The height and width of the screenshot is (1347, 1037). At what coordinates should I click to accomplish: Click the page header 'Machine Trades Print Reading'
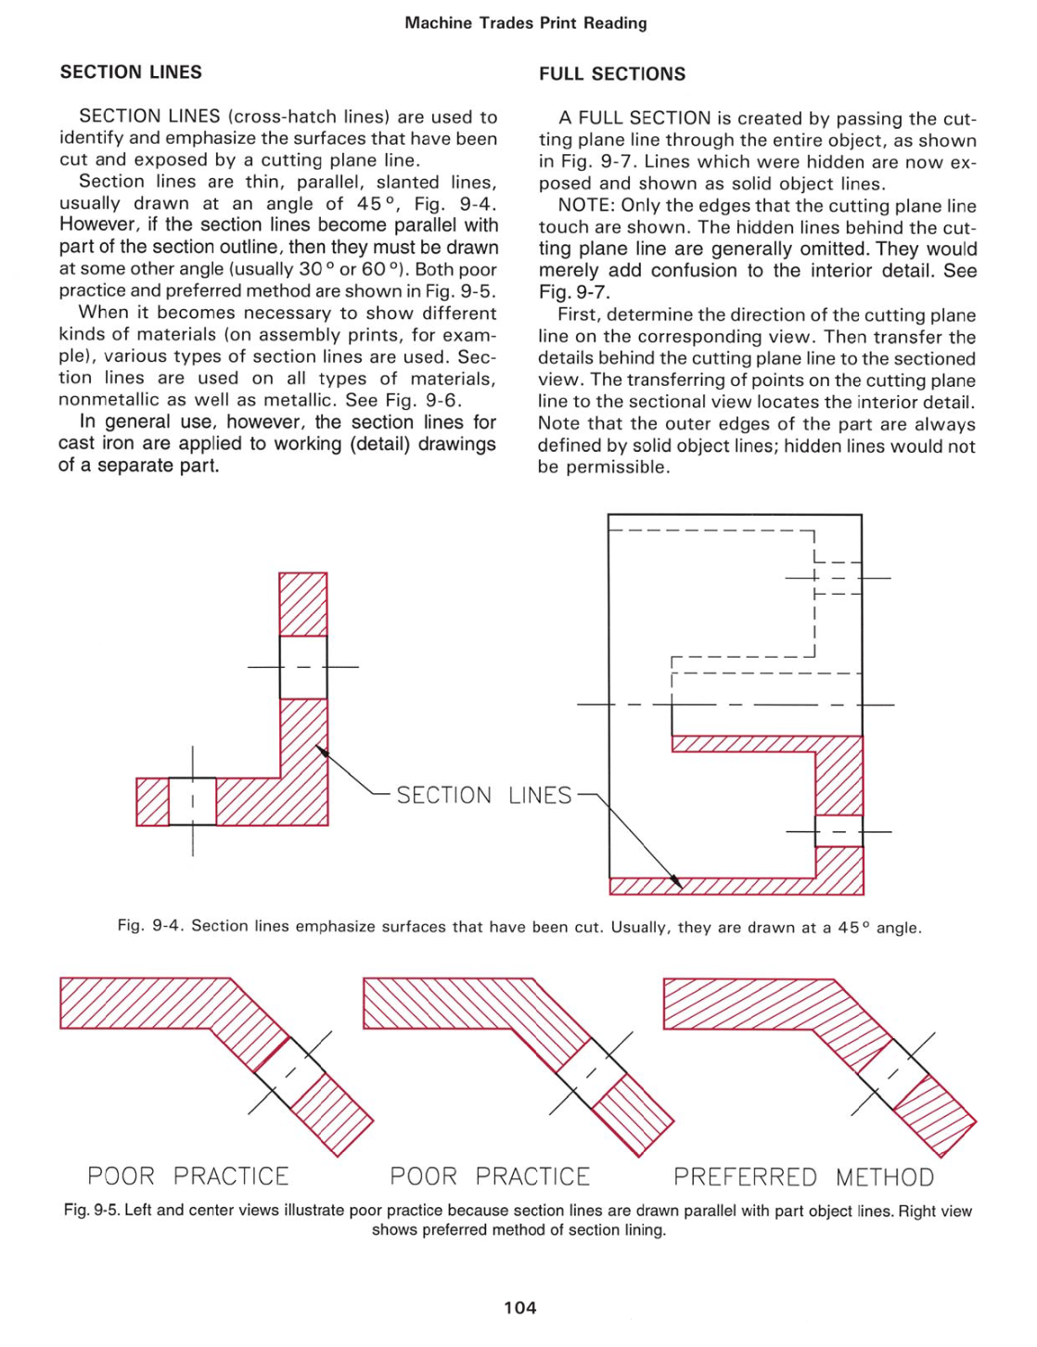(x=525, y=23)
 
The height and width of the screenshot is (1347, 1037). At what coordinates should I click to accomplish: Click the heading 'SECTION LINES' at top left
(x=131, y=72)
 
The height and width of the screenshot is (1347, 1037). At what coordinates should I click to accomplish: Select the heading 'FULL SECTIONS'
(x=612, y=74)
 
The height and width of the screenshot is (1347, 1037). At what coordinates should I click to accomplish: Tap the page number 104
(x=519, y=1308)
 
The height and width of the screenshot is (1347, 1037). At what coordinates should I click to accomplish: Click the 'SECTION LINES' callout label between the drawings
(x=483, y=795)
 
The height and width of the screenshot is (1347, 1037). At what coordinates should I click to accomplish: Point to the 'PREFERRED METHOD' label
(x=803, y=1177)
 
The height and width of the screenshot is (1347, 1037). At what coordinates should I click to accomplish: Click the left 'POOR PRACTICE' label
(x=188, y=1176)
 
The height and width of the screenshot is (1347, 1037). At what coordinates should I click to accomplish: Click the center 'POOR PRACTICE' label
(x=490, y=1176)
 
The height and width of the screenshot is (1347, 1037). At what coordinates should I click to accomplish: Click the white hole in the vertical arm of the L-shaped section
(x=303, y=667)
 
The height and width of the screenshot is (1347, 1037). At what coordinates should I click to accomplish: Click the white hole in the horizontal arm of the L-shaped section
(x=192, y=802)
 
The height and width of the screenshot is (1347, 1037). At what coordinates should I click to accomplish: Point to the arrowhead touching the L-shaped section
(x=321, y=751)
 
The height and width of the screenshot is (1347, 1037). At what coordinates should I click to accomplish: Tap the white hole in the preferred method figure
(x=893, y=1073)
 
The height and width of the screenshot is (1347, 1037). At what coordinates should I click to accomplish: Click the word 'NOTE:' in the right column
(x=586, y=206)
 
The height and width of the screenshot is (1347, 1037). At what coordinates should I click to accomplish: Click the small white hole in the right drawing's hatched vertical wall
(x=839, y=831)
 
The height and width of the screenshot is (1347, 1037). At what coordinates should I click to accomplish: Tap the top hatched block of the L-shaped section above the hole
(x=303, y=604)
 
